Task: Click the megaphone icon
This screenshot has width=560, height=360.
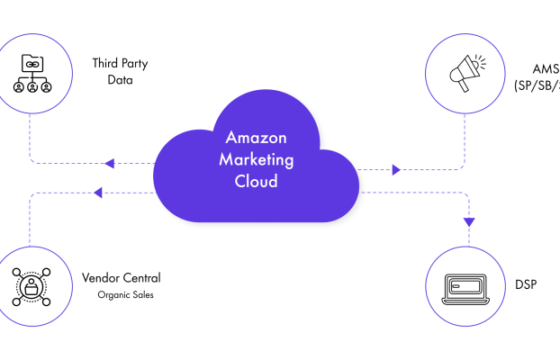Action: [465, 71]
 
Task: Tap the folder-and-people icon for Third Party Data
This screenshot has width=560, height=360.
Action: [33, 73]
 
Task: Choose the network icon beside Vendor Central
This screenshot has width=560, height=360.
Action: [31, 285]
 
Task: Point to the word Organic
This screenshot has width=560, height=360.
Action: [114, 294]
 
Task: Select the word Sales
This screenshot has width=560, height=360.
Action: [143, 294]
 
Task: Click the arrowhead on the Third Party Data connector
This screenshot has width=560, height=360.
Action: [110, 164]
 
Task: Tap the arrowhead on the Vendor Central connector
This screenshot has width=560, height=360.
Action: [98, 192]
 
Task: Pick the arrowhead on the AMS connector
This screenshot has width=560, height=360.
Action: [396, 168]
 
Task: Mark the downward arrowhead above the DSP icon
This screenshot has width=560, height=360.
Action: [468, 220]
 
